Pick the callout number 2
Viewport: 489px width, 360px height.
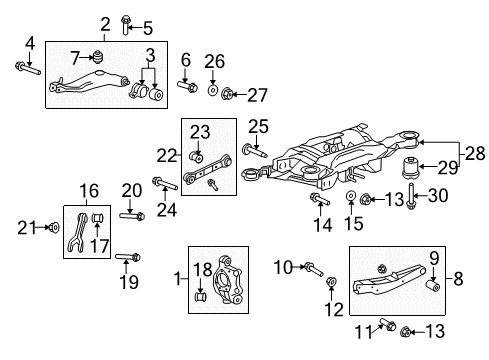pos(105,23)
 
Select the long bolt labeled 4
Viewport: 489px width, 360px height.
pos(27,69)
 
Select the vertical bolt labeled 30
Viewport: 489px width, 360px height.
pos(411,205)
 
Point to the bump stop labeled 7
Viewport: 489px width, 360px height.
pos(99,53)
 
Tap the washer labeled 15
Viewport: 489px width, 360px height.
pos(351,197)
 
